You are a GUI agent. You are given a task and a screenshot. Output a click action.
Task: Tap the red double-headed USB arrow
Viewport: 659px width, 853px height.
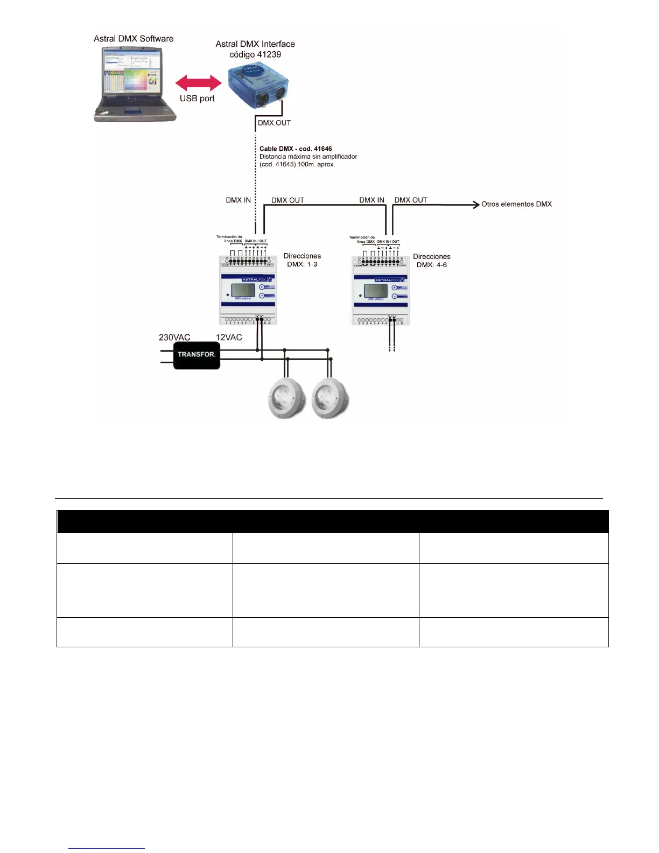[x=198, y=83]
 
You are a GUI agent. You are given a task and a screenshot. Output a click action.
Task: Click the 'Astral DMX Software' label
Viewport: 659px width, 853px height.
[x=134, y=39]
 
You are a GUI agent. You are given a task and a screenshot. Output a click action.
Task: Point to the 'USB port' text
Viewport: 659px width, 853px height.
[x=197, y=99]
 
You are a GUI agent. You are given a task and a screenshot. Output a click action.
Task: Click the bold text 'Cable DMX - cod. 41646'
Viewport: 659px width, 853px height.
[x=296, y=149]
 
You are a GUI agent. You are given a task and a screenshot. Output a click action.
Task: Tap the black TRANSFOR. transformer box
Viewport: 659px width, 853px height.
[x=197, y=354]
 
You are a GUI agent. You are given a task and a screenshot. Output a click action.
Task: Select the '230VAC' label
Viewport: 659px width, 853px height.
[x=174, y=338]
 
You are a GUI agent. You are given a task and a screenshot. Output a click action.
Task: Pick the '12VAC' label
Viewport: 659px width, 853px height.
[x=229, y=338]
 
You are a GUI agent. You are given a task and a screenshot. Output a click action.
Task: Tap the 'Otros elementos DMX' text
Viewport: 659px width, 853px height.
[x=516, y=204]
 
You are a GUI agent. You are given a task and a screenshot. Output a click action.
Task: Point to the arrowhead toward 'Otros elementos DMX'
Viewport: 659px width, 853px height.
[x=476, y=204]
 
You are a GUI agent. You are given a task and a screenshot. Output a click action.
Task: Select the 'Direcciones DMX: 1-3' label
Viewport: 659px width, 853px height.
[x=302, y=260]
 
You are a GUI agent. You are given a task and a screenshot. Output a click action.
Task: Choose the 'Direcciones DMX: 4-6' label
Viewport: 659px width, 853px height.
[x=432, y=261]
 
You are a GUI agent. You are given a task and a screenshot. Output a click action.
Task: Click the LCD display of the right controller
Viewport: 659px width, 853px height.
[x=375, y=291]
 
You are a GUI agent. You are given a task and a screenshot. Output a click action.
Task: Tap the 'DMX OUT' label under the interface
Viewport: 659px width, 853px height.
[x=274, y=123]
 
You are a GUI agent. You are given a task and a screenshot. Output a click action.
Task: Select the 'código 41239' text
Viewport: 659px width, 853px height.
[x=255, y=54]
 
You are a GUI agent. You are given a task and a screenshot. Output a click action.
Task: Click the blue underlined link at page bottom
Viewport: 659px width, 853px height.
[x=107, y=849]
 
